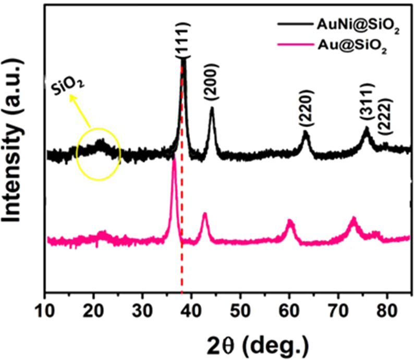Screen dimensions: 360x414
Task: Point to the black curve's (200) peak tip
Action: tap(212, 109)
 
